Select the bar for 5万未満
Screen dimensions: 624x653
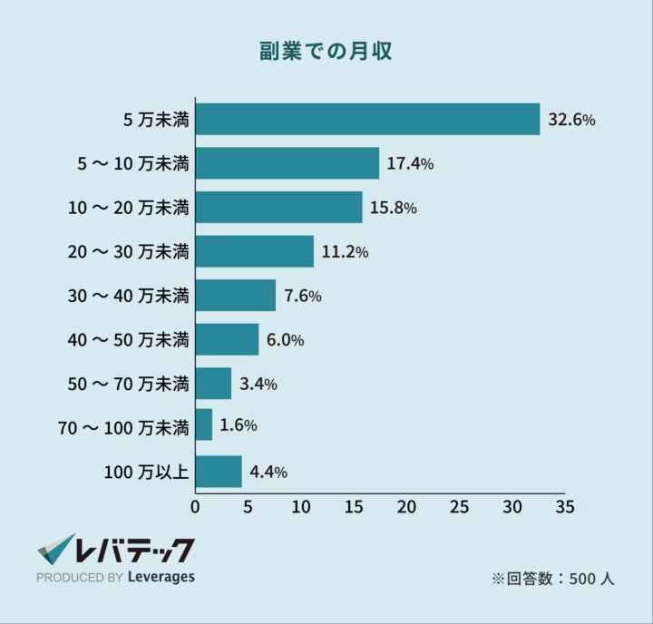367,119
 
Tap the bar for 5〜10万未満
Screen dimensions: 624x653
287,163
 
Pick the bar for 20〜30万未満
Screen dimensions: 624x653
254,251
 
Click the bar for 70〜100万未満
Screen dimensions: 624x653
204,424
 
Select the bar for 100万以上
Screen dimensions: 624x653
219,472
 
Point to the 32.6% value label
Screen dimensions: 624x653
571,120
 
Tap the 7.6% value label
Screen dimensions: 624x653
303,296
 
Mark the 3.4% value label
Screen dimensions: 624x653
258,384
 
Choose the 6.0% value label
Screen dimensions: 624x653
285,340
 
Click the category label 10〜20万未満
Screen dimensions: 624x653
128,208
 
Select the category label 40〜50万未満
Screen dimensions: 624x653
128,340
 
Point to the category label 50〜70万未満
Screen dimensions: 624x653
128,384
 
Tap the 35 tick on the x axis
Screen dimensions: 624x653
565,505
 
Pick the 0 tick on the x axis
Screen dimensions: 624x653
195,505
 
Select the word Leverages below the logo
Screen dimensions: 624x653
161,577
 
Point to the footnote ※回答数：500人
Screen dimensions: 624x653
552,578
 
